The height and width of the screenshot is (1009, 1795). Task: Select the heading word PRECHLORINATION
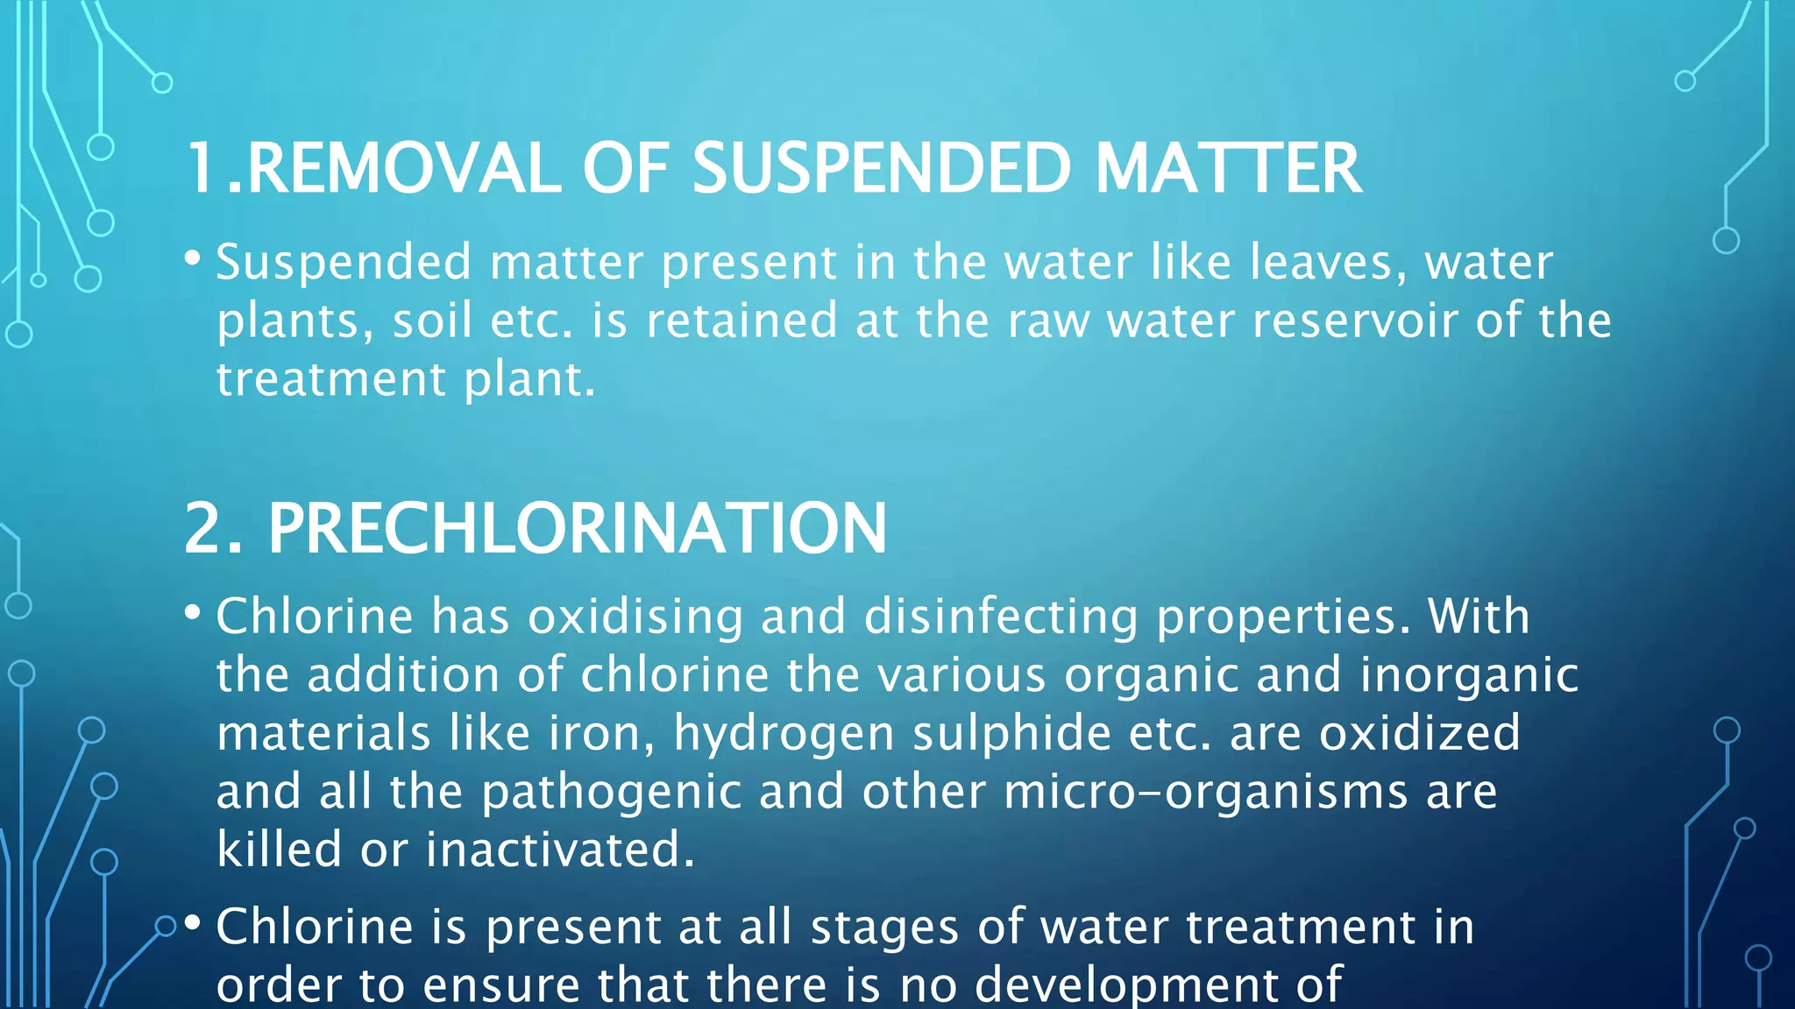577,528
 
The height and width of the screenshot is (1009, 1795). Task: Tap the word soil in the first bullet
432,321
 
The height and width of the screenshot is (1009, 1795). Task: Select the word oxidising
635,617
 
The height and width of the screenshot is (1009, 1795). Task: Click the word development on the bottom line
1158,985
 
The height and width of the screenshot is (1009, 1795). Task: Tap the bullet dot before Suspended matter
193,258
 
